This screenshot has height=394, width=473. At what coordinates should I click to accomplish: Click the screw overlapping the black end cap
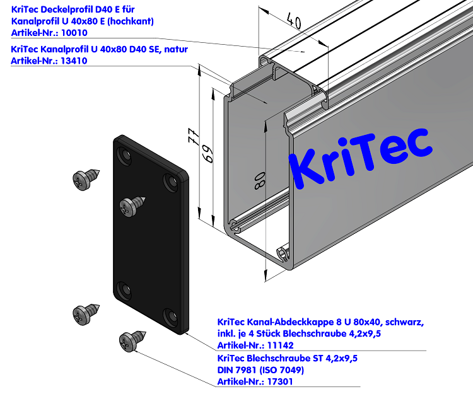point(132,204)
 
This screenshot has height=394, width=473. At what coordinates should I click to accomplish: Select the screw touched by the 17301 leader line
point(131,341)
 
